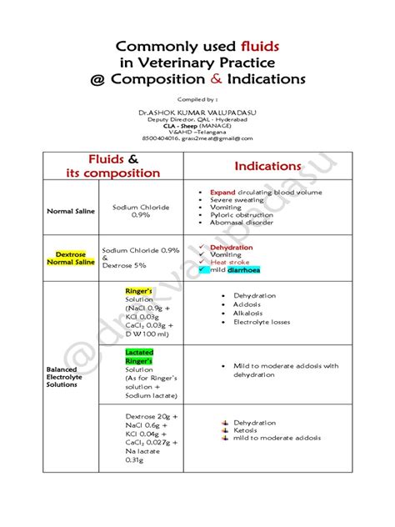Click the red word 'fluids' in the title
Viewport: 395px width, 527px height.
point(263,45)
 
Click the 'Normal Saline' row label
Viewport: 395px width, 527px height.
point(70,211)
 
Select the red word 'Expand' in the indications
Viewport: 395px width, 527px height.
point(222,193)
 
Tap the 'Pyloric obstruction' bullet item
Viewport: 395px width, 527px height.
point(242,215)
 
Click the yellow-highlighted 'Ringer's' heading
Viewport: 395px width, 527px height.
point(137,290)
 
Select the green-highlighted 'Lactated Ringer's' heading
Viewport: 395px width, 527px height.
point(140,357)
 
